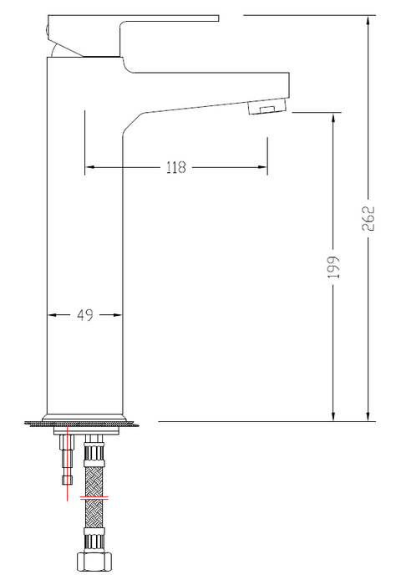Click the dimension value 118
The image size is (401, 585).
(x=175, y=167)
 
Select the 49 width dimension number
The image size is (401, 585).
(x=85, y=315)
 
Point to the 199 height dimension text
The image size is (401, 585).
(x=333, y=267)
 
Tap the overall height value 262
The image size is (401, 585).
(x=368, y=218)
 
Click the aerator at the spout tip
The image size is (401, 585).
(x=268, y=106)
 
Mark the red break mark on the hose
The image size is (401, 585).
(x=94, y=498)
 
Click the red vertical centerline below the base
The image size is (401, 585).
(x=67, y=463)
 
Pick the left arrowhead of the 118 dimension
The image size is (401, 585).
(x=89, y=167)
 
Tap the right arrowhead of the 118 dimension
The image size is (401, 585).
(x=262, y=167)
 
